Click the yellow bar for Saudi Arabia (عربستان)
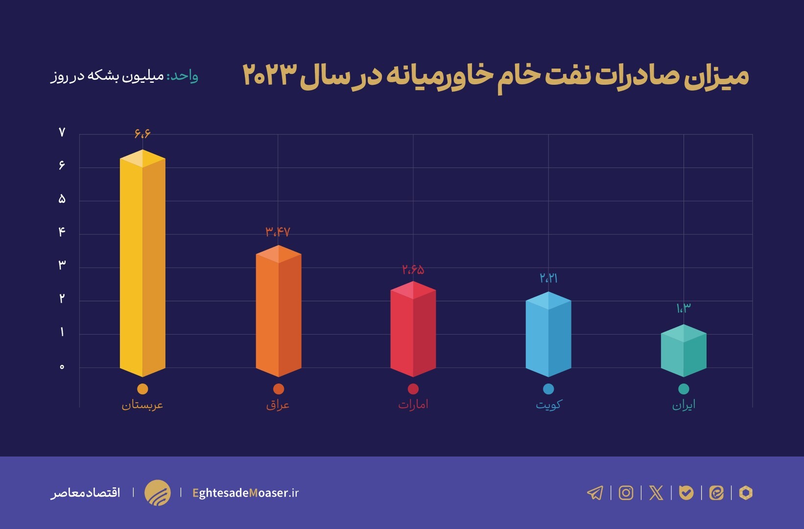(142, 264)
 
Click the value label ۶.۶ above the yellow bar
(142, 133)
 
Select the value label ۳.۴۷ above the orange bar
(278, 232)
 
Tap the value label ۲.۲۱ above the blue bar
(548, 278)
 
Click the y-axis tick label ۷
(62, 132)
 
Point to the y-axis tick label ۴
(62, 232)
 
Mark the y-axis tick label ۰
(62, 367)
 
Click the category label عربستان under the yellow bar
(142, 405)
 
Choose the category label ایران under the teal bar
(684, 405)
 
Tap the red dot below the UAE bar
(413, 389)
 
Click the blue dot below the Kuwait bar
(548, 389)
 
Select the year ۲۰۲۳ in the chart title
(270, 75)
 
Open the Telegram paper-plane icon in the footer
(595, 492)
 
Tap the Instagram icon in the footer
(626, 492)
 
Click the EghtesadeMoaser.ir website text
(245, 493)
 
